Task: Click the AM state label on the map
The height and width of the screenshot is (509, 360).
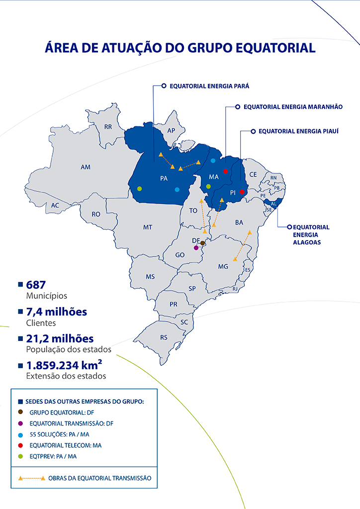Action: pos(86,168)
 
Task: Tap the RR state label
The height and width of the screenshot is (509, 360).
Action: pos(108,127)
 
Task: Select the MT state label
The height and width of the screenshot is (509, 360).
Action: pos(148,227)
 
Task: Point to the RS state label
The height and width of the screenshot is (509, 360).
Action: pos(164,338)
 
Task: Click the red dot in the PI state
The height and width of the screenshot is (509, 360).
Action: pos(242,192)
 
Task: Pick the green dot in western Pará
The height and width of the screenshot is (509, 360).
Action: pos(140,188)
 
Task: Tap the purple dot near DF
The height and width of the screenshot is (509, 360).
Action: pos(196,248)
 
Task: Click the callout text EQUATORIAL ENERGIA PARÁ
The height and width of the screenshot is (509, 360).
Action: pos(209,86)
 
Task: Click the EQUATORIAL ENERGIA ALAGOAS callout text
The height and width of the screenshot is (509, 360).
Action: pos(311,235)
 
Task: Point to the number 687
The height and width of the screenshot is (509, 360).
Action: pos(36,285)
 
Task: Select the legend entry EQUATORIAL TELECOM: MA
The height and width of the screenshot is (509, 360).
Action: pos(65,445)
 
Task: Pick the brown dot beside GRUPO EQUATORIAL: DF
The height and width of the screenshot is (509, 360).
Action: pos(20,412)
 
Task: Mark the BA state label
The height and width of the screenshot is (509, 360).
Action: pos(239,222)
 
